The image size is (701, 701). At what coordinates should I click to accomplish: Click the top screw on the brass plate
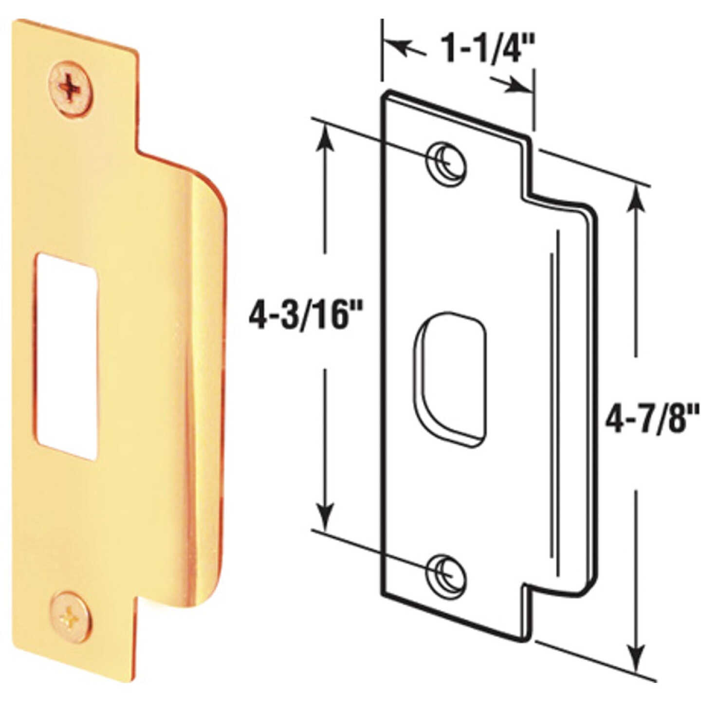tap(71, 88)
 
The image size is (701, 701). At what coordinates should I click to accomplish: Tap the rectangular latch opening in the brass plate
tap(66, 356)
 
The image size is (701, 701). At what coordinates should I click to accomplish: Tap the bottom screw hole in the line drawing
tap(445, 573)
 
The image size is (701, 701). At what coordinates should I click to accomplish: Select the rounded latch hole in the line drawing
tap(450, 380)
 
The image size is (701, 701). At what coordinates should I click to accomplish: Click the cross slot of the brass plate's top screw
tap(71, 88)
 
